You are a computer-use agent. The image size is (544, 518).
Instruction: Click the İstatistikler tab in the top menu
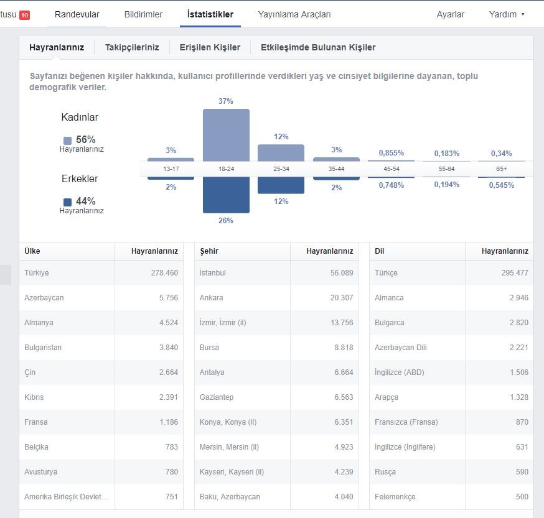(210, 14)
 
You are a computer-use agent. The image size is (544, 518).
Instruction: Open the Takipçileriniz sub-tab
(132, 47)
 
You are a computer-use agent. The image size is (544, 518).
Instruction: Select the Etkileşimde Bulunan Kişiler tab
(318, 47)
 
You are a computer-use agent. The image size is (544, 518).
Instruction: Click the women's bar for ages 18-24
(226, 135)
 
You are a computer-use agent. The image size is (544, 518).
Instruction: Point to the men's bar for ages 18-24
(226, 195)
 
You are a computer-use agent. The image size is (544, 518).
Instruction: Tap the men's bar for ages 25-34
(281, 185)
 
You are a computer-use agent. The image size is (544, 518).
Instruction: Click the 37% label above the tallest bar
(225, 101)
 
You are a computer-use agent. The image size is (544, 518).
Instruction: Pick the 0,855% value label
(392, 153)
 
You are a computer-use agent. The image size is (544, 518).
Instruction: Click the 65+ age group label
(502, 169)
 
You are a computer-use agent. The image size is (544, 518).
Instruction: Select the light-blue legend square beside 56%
(68, 141)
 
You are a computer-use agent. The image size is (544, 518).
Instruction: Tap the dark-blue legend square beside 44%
(68, 202)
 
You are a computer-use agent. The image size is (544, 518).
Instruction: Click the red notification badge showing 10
(25, 16)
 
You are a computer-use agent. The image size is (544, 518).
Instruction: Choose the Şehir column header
(209, 251)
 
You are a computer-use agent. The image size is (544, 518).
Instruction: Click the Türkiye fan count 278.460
(164, 273)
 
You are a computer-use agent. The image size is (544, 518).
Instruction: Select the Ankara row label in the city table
(211, 298)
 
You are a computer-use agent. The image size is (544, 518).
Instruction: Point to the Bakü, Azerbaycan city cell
(230, 497)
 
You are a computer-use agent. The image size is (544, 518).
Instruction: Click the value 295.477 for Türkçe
(515, 273)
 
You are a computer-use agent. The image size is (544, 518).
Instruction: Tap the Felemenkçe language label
(395, 497)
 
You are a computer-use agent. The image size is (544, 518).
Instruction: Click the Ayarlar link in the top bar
(451, 14)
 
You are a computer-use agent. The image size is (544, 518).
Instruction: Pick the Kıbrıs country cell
(34, 397)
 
